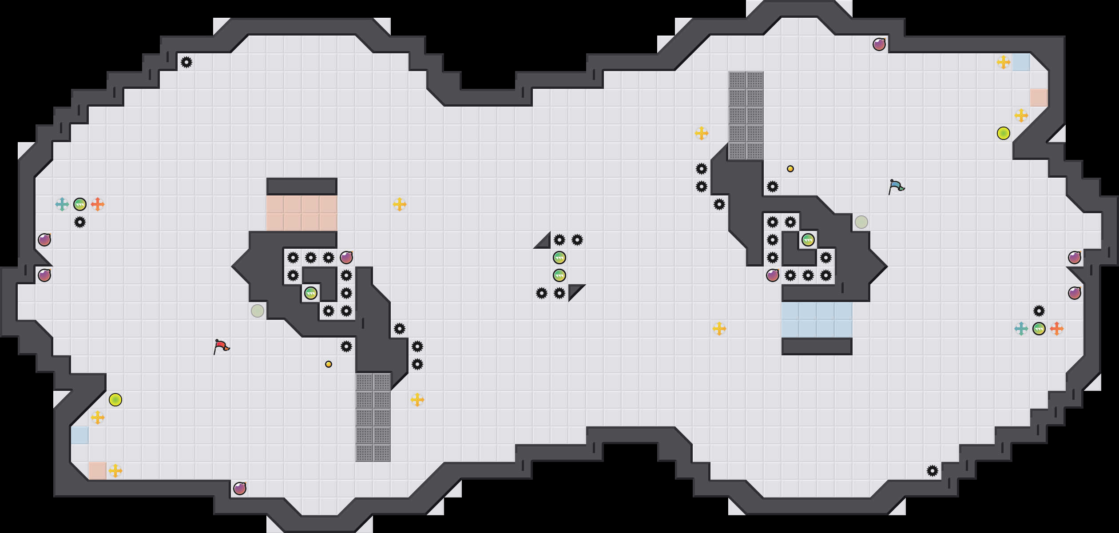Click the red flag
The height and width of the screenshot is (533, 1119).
click(x=221, y=346)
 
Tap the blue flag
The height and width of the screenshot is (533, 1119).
click(x=896, y=187)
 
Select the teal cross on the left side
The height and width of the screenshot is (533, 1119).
click(x=62, y=204)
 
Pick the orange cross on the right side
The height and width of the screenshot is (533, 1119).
click(x=1057, y=329)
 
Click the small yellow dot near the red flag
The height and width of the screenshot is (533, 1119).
click(x=329, y=364)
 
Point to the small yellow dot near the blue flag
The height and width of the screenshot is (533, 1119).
click(x=790, y=169)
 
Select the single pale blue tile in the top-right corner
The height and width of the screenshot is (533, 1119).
click(x=1021, y=62)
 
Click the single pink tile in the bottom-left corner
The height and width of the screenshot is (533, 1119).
click(x=98, y=471)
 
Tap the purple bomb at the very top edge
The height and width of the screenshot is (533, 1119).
click(x=879, y=44)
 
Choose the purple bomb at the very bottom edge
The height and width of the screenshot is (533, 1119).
click(x=240, y=489)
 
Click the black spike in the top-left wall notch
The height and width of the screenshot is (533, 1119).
click(x=186, y=62)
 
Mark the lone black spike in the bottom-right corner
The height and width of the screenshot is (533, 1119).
click(x=932, y=471)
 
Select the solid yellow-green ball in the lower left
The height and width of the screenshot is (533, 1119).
click(x=115, y=400)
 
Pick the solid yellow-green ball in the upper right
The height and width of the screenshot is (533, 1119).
click(x=1004, y=133)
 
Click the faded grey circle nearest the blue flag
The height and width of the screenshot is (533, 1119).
click(x=861, y=222)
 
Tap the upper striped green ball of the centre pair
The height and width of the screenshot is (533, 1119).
click(x=559, y=258)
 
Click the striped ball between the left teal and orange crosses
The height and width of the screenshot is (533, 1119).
click(x=80, y=204)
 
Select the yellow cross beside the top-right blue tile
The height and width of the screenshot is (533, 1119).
click(x=1004, y=62)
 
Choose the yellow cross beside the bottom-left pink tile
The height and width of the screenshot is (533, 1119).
click(x=115, y=471)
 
